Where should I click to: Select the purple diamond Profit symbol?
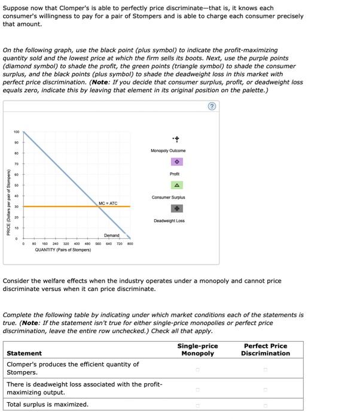pos(177,162)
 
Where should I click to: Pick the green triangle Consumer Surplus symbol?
pos(177,185)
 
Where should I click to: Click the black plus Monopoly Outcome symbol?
pos(177,138)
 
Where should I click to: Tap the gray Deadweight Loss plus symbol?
pos(177,208)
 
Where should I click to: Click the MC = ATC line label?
pos(108,204)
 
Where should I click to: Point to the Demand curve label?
pos(112,236)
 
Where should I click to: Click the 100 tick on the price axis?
pos(16,131)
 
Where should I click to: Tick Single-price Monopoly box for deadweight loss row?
pos(197,388)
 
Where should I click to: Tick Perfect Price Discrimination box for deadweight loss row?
pos(266,388)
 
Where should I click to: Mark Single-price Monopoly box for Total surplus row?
pos(197,405)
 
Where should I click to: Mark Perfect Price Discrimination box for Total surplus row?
pos(266,405)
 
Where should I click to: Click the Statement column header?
pos(25,353)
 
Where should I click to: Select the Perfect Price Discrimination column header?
pos(266,350)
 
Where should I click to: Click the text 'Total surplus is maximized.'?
pos(47,405)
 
